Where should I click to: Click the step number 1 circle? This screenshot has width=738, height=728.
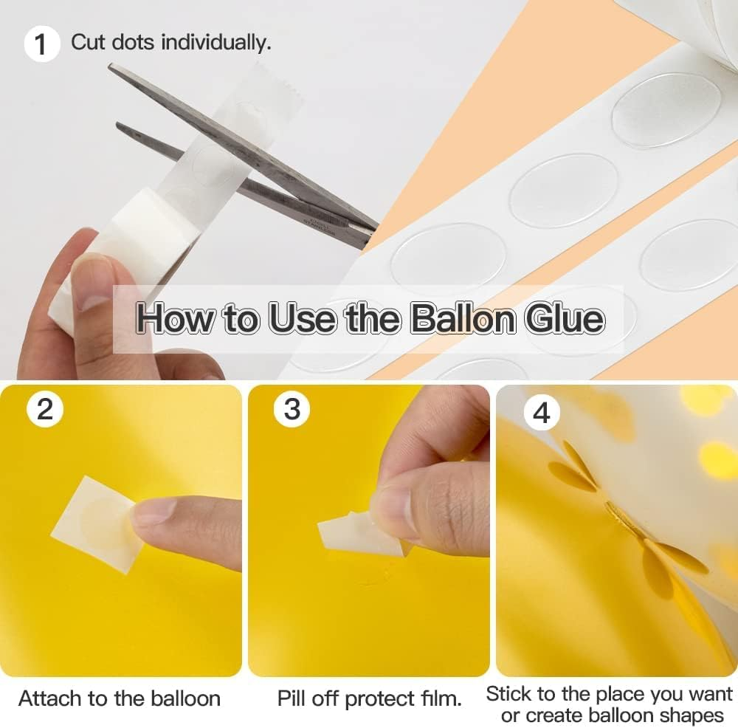pyautogui.click(x=41, y=44)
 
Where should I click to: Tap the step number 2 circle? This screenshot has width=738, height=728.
pyautogui.click(x=45, y=408)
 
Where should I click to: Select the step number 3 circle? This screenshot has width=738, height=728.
pyautogui.click(x=292, y=408)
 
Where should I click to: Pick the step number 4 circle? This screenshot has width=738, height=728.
pyautogui.click(x=541, y=413)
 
